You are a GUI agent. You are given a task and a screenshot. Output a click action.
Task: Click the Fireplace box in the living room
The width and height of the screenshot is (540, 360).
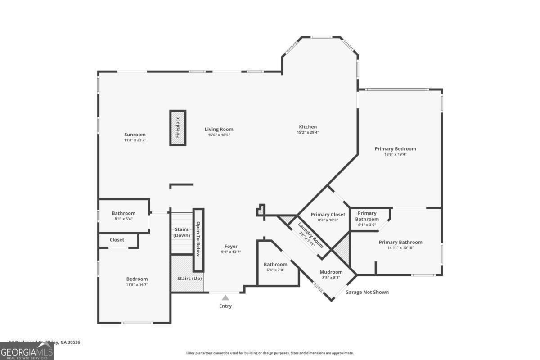(x=178, y=128)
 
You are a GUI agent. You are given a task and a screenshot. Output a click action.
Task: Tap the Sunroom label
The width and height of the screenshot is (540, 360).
(x=135, y=135)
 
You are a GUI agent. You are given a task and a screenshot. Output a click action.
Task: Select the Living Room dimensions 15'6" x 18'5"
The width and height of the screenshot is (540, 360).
(x=219, y=135)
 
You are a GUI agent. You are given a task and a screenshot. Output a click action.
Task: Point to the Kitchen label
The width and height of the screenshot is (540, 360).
(x=308, y=127)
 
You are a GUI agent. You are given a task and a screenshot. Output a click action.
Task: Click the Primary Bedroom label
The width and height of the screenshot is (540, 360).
(x=395, y=149)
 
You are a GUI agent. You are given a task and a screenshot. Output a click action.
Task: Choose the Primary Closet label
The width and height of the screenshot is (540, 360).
(x=328, y=215)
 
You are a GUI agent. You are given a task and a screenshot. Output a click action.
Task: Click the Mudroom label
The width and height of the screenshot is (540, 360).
(x=331, y=272)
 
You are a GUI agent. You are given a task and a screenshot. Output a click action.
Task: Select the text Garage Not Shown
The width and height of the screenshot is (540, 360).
(x=367, y=292)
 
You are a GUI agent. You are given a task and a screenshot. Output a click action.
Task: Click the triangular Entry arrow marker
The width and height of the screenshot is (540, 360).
(x=225, y=297)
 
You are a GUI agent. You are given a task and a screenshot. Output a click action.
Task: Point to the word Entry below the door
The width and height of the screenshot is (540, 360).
(x=225, y=306)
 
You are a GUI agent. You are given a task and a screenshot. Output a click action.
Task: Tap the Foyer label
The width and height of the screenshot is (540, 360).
(x=231, y=246)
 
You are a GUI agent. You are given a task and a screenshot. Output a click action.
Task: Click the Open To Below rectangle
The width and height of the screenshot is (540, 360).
(x=198, y=239)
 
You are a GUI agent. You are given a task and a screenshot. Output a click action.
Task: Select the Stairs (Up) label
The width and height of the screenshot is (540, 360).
(x=188, y=279)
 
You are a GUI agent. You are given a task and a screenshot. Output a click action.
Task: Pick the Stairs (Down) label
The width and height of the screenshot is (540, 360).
(x=182, y=233)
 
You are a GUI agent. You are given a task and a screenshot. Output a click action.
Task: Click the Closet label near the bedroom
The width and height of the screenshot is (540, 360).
(x=117, y=240)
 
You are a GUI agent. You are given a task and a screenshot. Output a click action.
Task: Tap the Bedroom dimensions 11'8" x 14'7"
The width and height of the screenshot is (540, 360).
(x=137, y=284)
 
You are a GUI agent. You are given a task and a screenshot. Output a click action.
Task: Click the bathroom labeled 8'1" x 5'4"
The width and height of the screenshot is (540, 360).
(x=123, y=216)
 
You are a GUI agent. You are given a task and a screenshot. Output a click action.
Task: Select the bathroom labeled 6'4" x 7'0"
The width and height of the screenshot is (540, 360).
(x=275, y=267)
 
